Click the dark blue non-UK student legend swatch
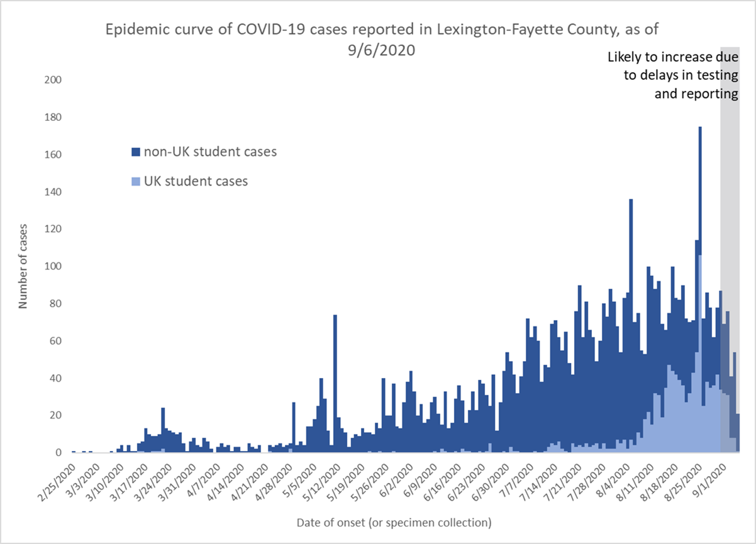pyautogui.click(x=135, y=152)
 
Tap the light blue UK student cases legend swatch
pyautogui.click(x=135, y=181)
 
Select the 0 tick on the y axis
pyautogui.click(x=58, y=452)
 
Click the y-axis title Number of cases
pyautogui.click(x=23, y=265)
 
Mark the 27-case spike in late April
pyautogui.click(x=294, y=428)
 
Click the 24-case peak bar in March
pyautogui.click(x=163, y=430)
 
